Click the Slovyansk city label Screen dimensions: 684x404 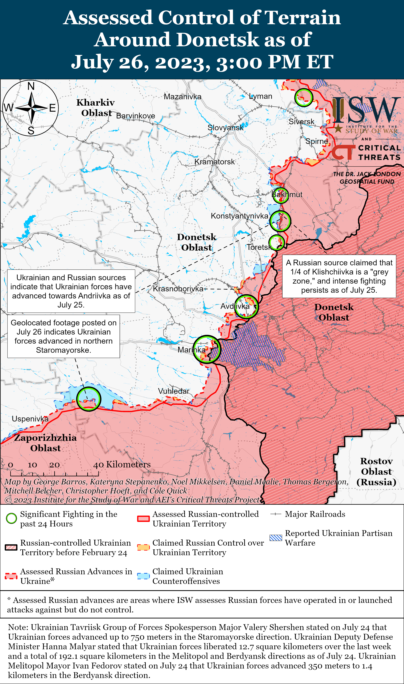click(x=225, y=128)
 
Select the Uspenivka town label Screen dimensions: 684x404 click(x=30, y=419)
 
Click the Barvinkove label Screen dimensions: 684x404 click(x=136, y=116)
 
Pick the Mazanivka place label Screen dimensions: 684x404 click(x=182, y=97)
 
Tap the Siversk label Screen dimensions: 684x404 click(x=301, y=122)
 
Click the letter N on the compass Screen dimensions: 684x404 click(x=31, y=86)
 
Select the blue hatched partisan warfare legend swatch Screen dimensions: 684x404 click(x=276, y=538)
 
